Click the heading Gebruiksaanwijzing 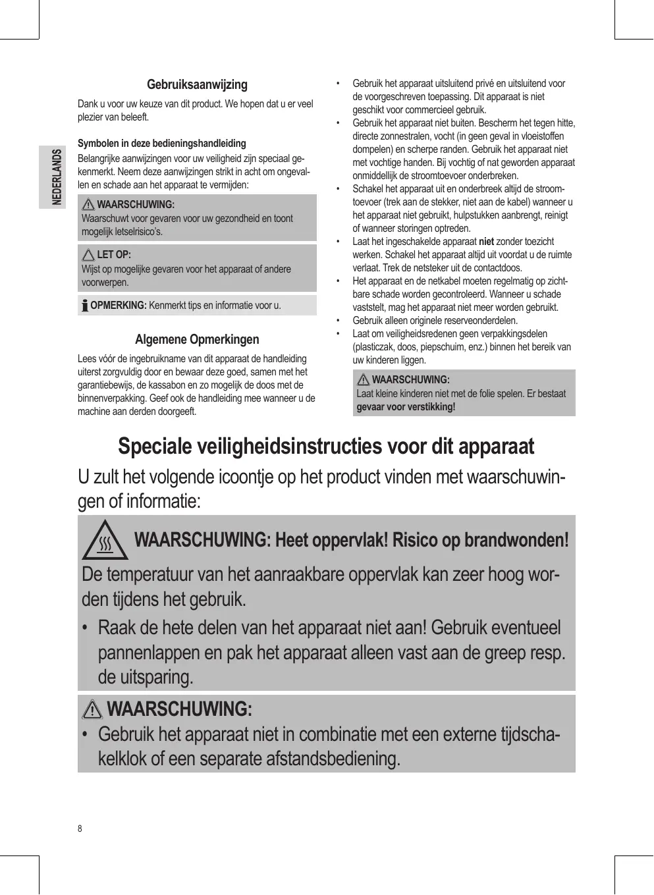coord(197,84)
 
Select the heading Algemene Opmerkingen coord(197,339)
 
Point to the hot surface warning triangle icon coord(105,541)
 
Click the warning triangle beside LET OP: coord(88,255)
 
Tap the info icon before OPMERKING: coord(85,306)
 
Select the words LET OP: coord(114,255)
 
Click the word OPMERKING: coord(119,306)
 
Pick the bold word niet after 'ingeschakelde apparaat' coord(486,242)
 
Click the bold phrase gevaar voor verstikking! coord(406,406)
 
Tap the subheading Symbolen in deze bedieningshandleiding coord(162,143)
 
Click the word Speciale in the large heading coord(155,447)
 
